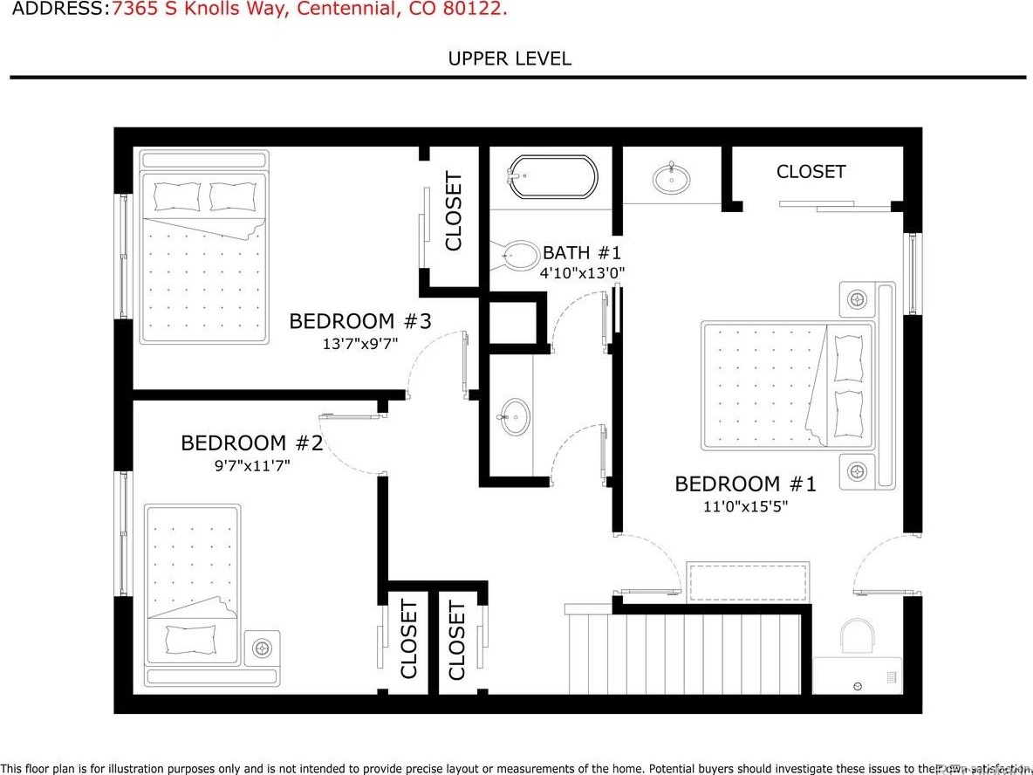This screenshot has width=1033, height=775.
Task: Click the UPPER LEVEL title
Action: point(510,58)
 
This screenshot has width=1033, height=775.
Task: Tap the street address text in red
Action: point(310,10)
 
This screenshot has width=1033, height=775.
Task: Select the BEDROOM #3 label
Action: point(360,321)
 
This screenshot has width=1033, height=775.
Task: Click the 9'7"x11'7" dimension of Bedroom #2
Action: point(252,466)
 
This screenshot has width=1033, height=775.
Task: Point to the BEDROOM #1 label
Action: point(745,484)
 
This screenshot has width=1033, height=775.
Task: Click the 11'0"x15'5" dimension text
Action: point(745,506)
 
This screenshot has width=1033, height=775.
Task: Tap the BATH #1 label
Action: point(582,253)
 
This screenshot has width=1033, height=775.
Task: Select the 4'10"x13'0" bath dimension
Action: point(582,272)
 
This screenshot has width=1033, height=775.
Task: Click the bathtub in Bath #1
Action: point(553,177)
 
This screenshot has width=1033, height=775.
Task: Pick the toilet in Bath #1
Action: point(518,256)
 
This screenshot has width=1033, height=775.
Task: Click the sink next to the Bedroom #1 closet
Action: point(671,179)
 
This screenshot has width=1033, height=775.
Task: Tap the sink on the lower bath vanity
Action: point(515,417)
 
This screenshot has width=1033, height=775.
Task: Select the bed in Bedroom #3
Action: point(204,248)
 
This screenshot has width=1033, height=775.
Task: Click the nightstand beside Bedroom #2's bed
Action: point(263,648)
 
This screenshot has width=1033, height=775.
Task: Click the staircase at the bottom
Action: point(684,653)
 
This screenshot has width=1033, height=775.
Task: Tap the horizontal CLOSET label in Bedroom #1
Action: point(811,172)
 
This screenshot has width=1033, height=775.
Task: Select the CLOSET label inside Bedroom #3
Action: point(454,211)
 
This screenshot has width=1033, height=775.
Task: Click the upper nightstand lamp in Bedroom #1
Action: point(858,300)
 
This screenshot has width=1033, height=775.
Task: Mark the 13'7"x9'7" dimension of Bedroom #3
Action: point(360,344)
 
